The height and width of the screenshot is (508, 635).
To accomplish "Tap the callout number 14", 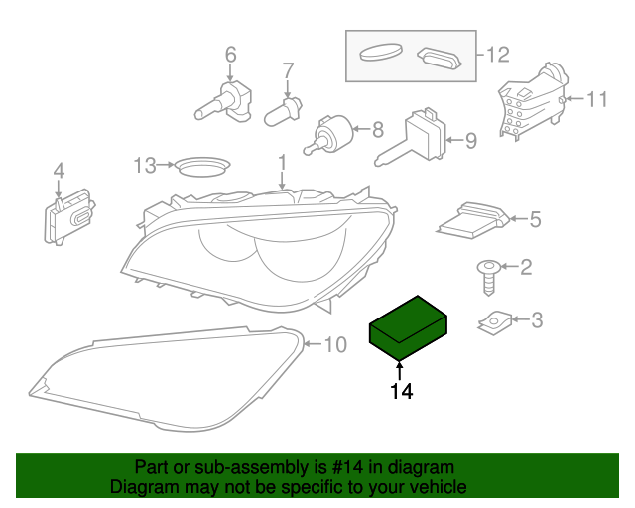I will click(401, 391).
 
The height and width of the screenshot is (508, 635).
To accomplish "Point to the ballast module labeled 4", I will click(471, 220).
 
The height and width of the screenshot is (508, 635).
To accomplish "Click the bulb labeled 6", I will click(283, 108).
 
